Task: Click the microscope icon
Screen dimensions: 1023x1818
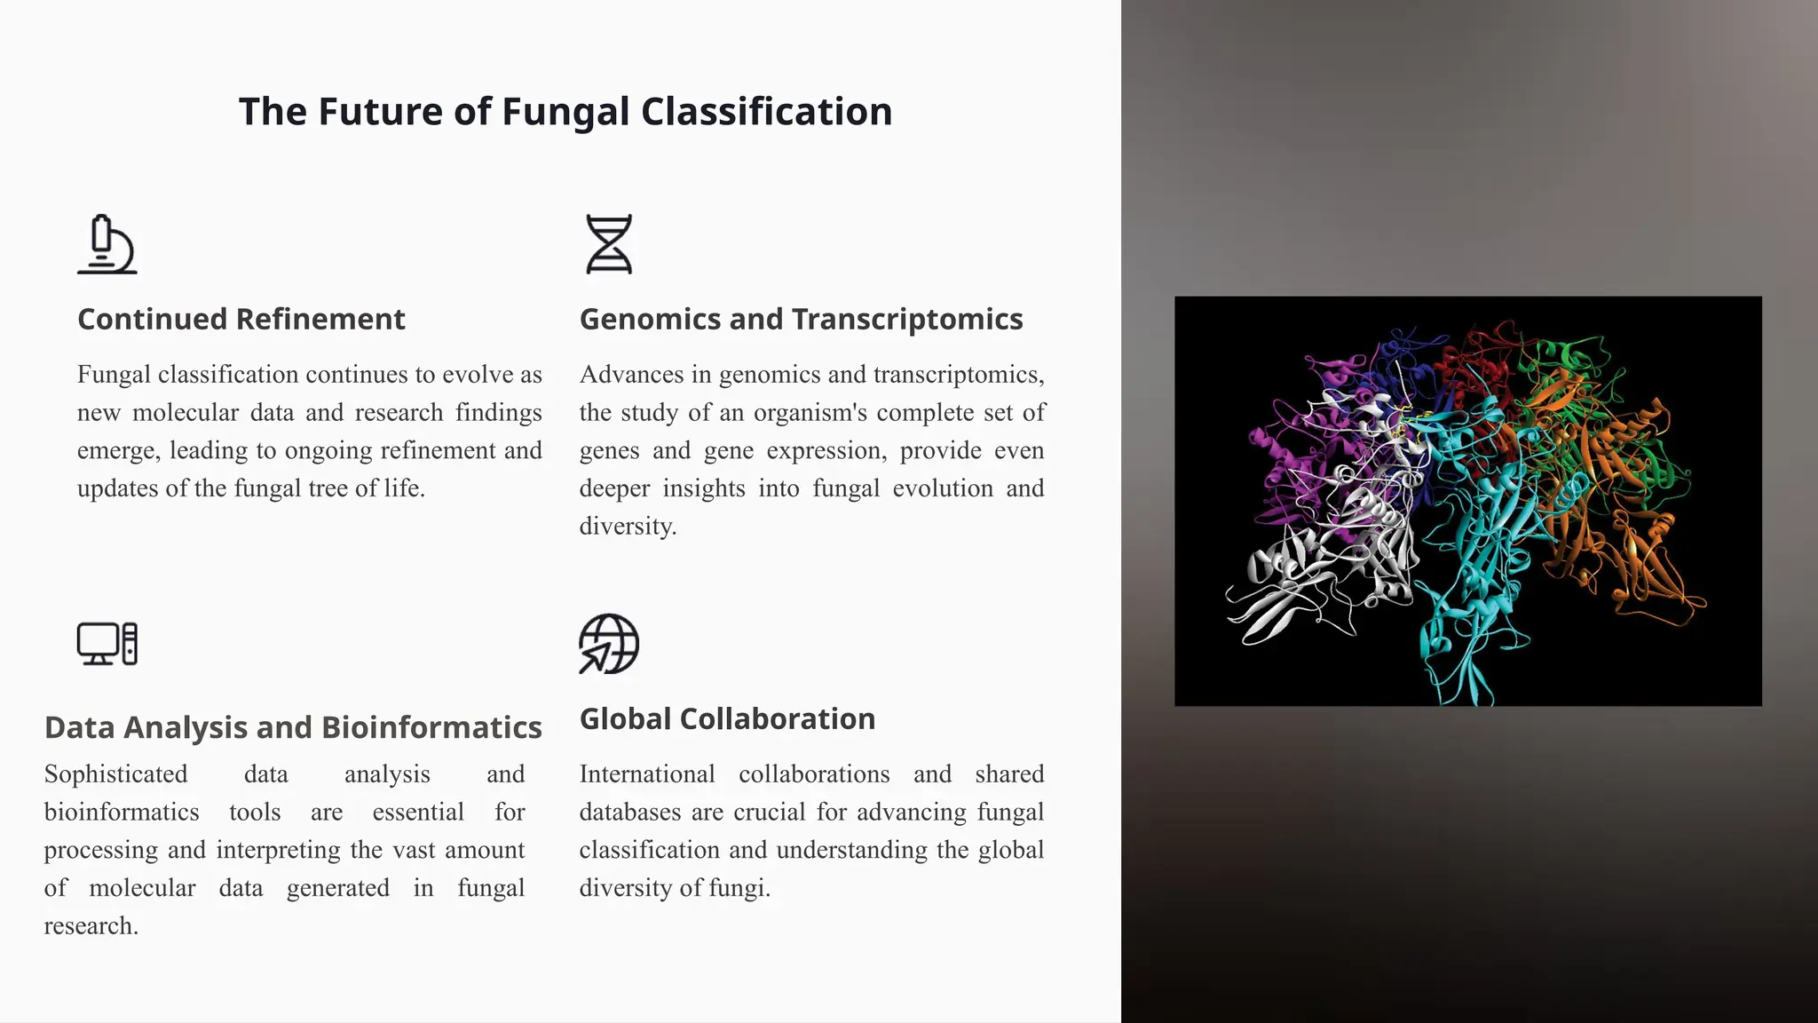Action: click(107, 244)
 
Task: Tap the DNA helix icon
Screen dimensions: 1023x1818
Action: click(609, 244)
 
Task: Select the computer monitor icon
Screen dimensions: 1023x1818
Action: click(107, 644)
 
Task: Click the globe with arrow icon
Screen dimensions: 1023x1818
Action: click(609, 644)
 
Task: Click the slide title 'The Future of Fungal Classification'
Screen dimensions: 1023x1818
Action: click(565, 112)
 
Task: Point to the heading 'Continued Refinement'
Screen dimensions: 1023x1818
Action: click(241, 319)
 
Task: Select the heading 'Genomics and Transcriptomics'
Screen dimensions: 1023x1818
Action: click(801, 319)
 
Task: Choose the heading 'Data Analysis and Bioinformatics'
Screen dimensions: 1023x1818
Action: click(293, 727)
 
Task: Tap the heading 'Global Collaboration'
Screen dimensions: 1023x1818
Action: click(727, 718)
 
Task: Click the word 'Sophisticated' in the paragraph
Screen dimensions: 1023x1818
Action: click(115, 774)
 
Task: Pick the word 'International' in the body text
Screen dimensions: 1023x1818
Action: click(647, 774)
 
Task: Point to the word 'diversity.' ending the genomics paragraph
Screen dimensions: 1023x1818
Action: click(628, 527)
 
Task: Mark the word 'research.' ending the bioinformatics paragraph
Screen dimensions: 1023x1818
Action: click(91, 926)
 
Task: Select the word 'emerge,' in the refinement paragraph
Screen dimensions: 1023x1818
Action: click(119, 451)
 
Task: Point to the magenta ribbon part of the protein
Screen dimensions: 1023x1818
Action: click(1287, 462)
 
